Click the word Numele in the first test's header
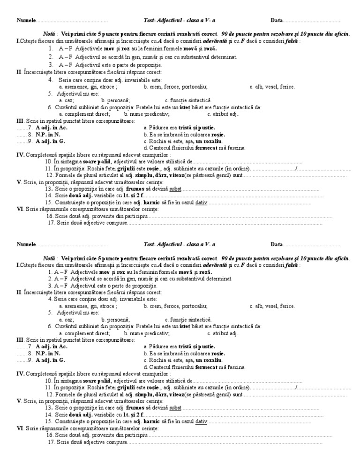pos(26,20)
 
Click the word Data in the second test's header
pos(277,245)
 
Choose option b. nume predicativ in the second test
pos(147,333)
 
